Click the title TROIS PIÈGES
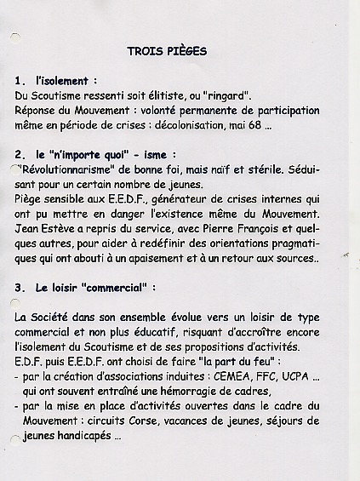coord(167,51)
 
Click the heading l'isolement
coord(68,81)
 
